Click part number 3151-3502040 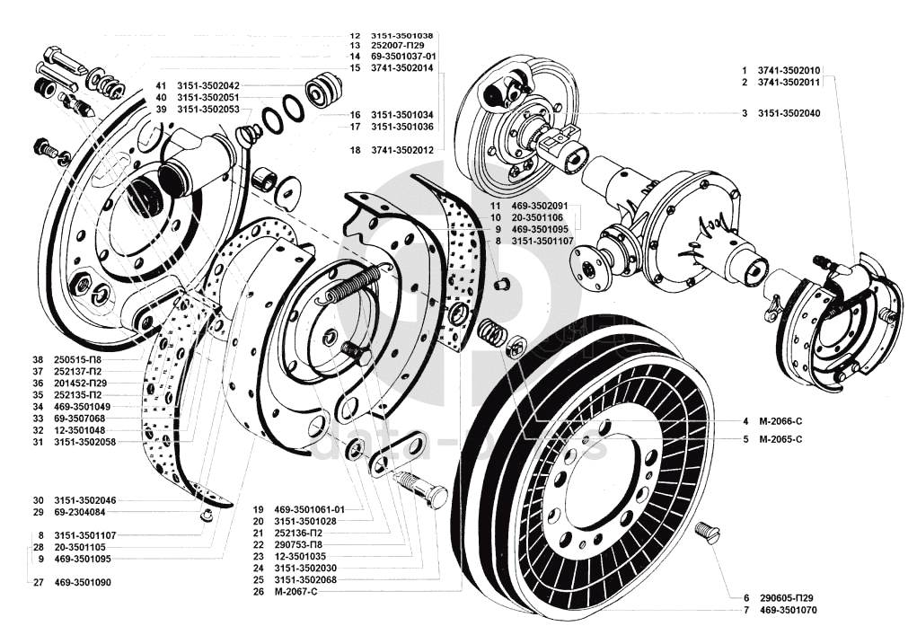point(787,114)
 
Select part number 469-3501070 point(788,611)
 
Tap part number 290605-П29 point(787,597)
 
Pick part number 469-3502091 point(539,206)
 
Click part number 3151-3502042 point(208,85)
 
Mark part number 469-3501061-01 point(310,508)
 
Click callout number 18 point(356,150)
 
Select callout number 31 point(38,441)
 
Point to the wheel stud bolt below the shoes point(423,487)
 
